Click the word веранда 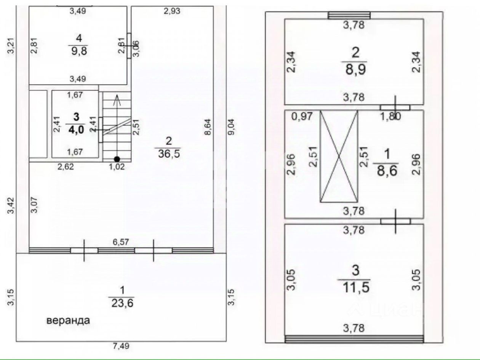(68, 321)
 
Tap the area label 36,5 (169, 154)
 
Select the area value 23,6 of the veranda (122, 303)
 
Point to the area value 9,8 (79, 51)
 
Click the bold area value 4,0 (76, 130)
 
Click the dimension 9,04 (231, 127)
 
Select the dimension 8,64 (208, 127)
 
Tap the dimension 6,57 (121, 242)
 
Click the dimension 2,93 (172, 11)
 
